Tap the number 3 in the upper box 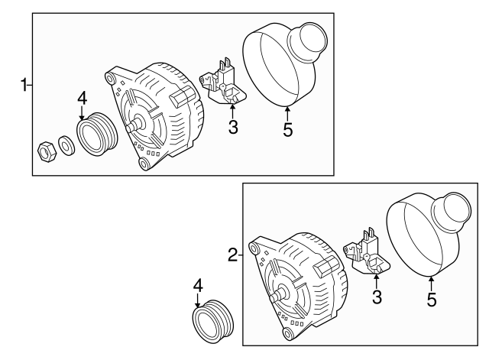coord(232,127)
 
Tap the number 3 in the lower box coord(376,297)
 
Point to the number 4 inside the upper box coord(83,98)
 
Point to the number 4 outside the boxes coord(197,285)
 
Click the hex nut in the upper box coord(46,150)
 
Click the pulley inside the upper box coord(95,135)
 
